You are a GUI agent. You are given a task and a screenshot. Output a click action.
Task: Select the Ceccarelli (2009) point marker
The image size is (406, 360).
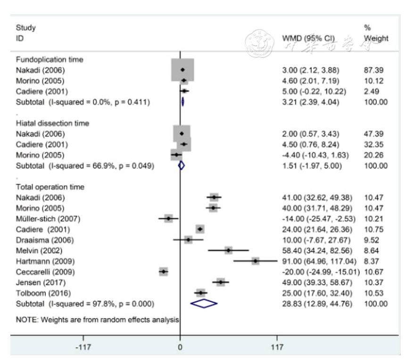164,271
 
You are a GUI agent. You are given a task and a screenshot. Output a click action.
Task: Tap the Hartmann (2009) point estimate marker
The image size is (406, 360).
256,261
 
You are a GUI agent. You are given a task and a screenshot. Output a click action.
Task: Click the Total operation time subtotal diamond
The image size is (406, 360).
204,303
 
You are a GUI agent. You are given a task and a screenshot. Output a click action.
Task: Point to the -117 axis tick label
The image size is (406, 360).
83,348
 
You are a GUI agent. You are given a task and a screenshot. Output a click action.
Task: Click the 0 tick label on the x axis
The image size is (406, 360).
180,348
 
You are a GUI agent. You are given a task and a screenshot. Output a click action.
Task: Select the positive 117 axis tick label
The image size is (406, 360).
277,348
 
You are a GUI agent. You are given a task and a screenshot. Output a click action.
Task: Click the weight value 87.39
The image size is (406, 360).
373,70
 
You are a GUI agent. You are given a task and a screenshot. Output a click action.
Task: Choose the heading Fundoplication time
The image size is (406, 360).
50,60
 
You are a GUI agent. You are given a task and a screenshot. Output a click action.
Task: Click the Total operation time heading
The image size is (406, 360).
50,187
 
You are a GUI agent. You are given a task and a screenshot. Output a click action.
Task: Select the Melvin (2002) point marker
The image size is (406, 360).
229,250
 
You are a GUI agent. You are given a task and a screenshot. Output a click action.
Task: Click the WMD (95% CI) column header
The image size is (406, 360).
308,38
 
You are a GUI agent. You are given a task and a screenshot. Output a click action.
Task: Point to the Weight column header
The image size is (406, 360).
376,38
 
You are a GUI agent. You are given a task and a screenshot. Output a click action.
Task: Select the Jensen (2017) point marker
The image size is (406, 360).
220,282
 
